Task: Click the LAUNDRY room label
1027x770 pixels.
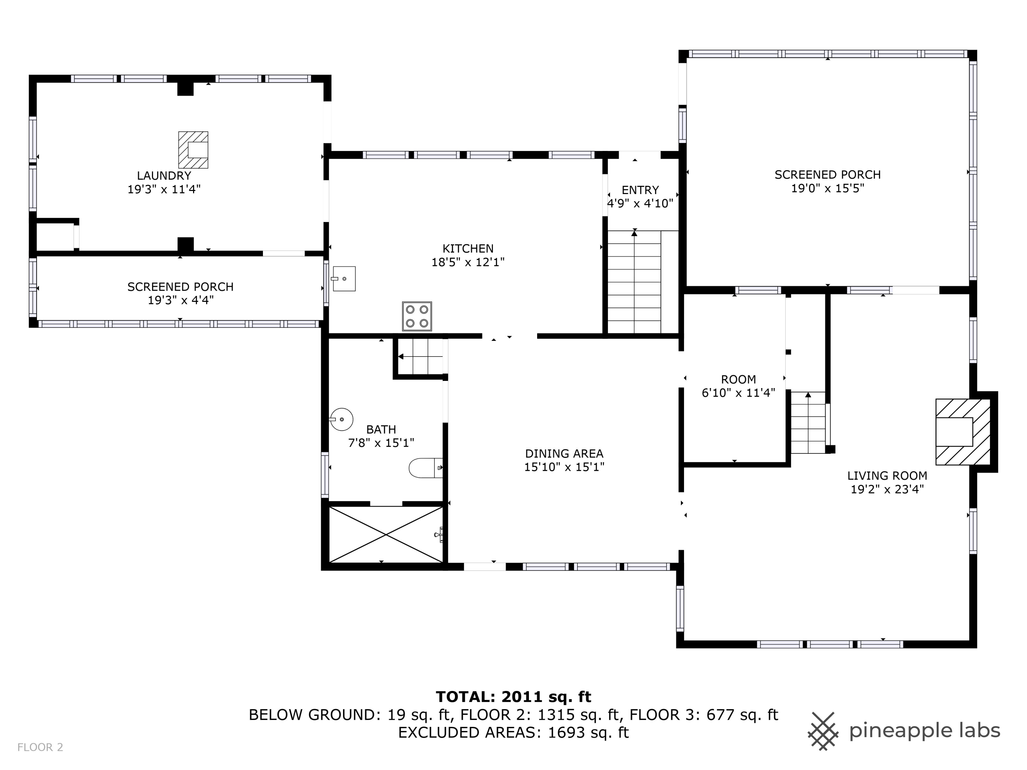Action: (x=164, y=176)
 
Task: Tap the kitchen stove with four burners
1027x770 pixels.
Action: (x=417, y=316)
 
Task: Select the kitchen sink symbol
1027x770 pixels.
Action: (x=344, y=279)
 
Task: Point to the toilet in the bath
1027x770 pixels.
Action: (x=424, y=468)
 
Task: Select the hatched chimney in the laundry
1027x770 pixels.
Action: (x=193, y=150)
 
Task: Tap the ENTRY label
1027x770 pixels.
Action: (x=640, y=190)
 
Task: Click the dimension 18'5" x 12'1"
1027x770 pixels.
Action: (x=468, y=262)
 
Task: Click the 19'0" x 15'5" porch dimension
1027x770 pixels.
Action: (x=827, y=189)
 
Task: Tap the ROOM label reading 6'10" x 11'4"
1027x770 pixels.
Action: (x=738, y=386)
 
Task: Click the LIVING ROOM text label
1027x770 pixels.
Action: (x=887, y=476)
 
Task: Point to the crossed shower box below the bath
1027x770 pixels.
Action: (x=386, y=535)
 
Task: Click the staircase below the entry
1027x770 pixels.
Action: (x=634, y=282)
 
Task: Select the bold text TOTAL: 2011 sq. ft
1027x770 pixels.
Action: (x=513, y=697)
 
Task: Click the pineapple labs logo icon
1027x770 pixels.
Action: (x=823, y=731)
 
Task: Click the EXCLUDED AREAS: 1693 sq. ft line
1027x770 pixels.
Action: (x=513, y=732)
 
